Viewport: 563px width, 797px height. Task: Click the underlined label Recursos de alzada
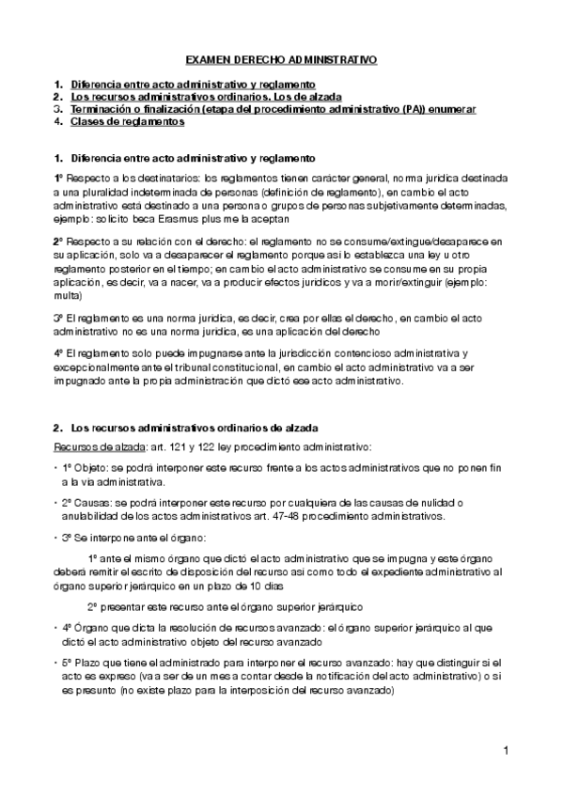[93, 443]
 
